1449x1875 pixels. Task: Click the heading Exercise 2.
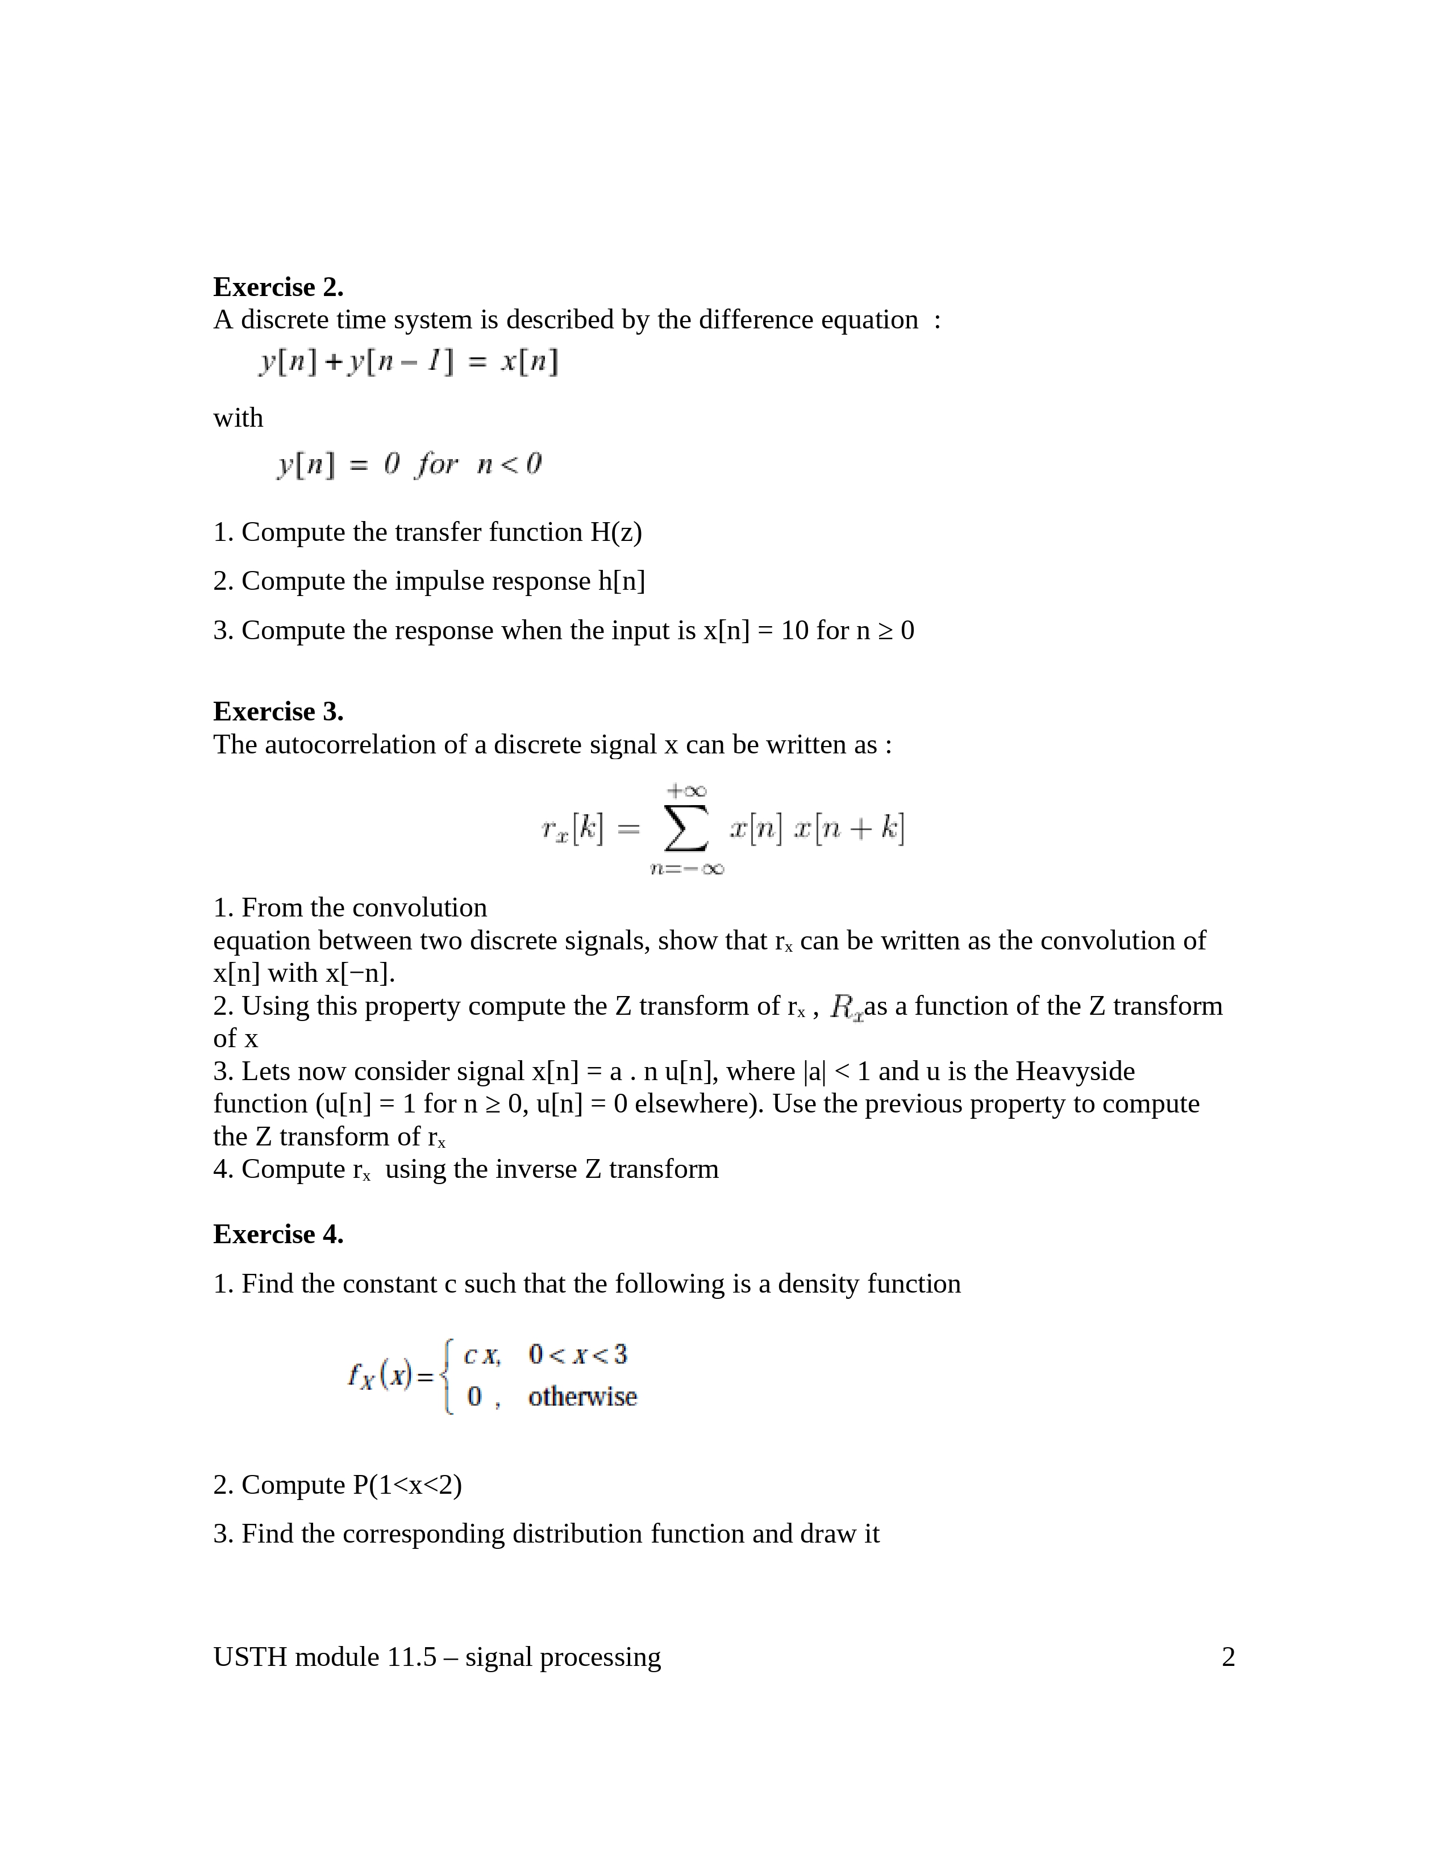(x=277, y=287)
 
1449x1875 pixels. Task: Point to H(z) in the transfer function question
(x=615, y=532)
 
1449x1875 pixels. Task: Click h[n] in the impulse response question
(x=622, y=581)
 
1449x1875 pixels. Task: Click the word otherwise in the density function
(x=582, y=1397)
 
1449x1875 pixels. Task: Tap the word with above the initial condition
(x=238, y=418)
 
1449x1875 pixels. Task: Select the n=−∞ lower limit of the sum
(x=687, y=869)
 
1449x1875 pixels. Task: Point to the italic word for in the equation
(x=437, y=464)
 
